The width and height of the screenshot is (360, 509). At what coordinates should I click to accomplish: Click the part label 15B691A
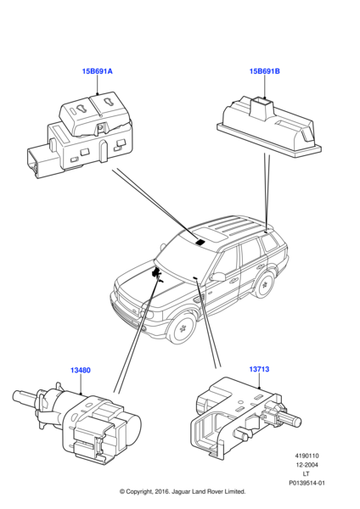coord(97,72)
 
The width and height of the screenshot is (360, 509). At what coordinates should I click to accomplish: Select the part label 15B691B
coord(264,72)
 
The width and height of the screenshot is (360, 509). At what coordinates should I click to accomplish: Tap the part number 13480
coord(81,370)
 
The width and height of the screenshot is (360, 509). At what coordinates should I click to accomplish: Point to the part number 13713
coord(260,370)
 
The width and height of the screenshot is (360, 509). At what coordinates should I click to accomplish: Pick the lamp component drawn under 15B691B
coord(265,122)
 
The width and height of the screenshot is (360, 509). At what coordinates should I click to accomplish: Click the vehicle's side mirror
coord(217,277)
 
